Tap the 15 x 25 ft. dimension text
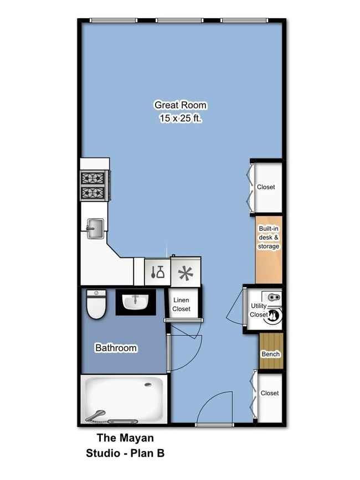pos(180,118)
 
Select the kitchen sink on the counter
pos(95,228)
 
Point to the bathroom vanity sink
pos(135,302)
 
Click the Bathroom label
pos(116,348)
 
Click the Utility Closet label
pos(259,310)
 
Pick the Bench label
pos(270,354)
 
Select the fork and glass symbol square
pos(157,272)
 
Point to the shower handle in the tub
pos(97,413)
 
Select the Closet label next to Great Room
pos(266,187)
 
